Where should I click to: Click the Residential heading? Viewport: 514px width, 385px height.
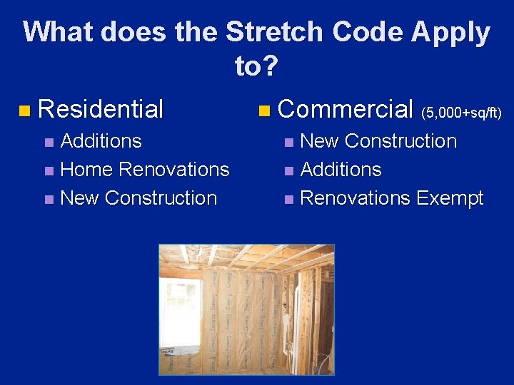click(101, 109)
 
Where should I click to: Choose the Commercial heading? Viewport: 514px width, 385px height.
click(346, 109)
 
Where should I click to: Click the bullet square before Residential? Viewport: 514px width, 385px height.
click(25, 111)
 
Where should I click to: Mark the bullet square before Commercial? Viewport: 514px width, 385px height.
click(265, 111)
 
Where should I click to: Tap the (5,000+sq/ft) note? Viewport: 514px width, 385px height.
click(462, 112)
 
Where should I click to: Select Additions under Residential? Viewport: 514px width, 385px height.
click(101, 141)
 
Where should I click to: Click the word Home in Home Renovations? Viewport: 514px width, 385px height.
click(87, 170)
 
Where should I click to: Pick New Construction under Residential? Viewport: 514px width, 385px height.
click(138, 198)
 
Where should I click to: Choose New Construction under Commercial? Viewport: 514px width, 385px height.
click(378, 141)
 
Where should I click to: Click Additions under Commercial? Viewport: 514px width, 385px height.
click(341, 170)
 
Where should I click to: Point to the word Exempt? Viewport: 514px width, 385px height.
click(451, 198)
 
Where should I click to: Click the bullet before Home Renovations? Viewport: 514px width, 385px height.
click(49, 171)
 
